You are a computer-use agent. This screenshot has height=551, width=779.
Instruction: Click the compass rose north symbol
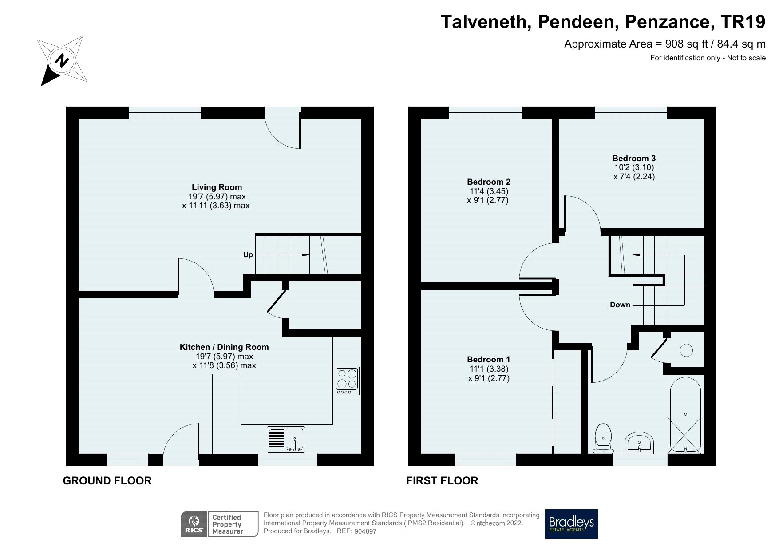pos(62,60)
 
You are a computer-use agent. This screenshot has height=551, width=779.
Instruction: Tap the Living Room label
pos(217,187)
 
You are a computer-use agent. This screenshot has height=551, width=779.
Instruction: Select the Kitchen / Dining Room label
pos(224,347)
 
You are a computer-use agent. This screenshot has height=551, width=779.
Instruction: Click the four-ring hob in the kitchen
pos(347,381)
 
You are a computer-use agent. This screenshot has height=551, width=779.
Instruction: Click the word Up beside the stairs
pos(248,254)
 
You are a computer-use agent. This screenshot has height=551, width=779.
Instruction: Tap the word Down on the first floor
pos(620,305)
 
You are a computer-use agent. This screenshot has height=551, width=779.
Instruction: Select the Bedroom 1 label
pos(489,359)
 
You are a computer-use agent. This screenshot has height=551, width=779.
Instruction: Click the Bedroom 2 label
pos(489,182)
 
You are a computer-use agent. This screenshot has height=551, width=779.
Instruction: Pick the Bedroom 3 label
pos(634,158)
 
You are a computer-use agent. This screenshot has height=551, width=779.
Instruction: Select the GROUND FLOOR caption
pos(107,480)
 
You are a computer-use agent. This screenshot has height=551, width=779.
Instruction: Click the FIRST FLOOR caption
pos(442,480)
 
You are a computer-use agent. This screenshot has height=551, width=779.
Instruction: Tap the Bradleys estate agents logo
pos(572,524)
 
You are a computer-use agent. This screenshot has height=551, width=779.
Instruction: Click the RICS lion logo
pos(194,524)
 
